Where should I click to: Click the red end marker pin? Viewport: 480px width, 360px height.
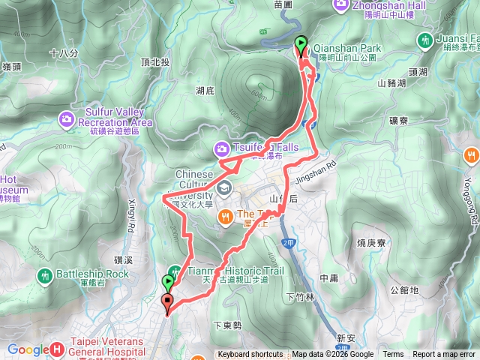tap(166, 302)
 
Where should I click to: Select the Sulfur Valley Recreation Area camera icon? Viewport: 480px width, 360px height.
tap(66, 118)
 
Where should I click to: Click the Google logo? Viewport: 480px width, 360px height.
tap(27, 349)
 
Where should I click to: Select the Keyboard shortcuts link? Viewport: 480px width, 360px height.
tap(250, 355)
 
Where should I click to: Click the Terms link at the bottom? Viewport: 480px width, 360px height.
tap(393, 355)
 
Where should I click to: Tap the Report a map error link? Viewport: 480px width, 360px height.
tap(445, 355)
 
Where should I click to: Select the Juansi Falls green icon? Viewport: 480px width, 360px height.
tap(427, 39)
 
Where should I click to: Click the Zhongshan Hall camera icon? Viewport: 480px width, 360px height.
tap(339, 5)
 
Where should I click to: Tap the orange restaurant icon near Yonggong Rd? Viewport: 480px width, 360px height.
tap(471, 155)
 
